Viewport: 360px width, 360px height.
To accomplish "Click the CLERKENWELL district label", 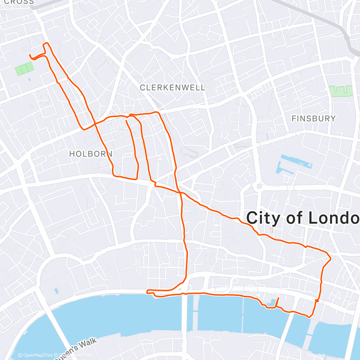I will pyautogui.click(x=172, y=87).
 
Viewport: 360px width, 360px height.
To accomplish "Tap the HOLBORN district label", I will pyautogui.click(x=91, y=154).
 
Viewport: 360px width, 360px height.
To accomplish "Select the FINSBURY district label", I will pyautogui.click(x=313, y=118).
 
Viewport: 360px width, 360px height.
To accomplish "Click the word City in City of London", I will pyautogui.click(x=261, y=218).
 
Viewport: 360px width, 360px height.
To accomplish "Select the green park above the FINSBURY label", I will pyautogui.click(x=341, y=91).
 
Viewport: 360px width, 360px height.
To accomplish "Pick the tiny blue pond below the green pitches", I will pyautogui.click(x=29, y=79).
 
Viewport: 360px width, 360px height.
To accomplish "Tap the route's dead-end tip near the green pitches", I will pyautogui.click(x=30, y=55).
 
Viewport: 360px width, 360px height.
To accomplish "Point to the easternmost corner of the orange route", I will pyautogui.click(x=330, y=257).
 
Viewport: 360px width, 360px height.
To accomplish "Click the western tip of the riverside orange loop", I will pyautogui.click(x=148, y=291).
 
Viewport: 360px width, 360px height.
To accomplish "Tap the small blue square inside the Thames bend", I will pyautogui.click(x=57, y=290).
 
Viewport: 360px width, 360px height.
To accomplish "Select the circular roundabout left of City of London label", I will pyautogui.click(x=216, y=172).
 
